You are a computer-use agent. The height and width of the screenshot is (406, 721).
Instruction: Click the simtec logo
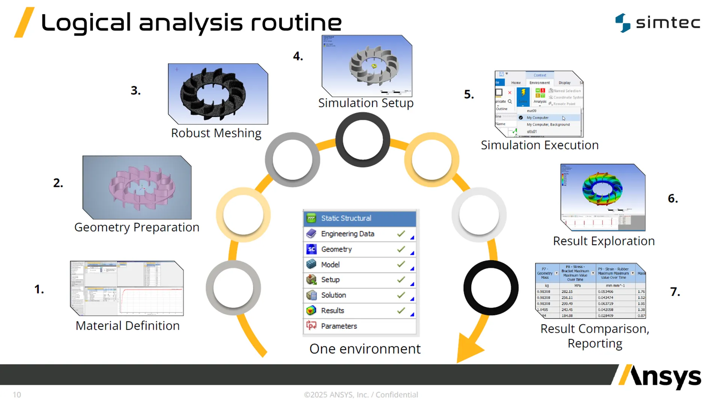658,23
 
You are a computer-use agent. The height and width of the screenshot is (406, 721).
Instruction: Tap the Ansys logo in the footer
660,377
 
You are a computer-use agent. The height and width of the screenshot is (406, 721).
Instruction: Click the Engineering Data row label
347,234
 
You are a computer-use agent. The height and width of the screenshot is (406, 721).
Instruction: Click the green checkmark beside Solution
401,295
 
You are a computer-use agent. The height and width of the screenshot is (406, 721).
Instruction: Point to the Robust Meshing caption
216,133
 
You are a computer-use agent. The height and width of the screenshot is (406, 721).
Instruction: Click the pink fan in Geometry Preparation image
142,187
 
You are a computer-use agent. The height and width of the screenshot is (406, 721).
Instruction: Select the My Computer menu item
537,118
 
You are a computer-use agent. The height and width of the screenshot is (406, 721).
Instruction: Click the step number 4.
298,56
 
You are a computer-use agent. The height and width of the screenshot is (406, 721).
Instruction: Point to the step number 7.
675,292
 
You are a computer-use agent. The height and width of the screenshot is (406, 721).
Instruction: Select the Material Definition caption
128,326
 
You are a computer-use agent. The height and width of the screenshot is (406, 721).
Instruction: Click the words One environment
365,349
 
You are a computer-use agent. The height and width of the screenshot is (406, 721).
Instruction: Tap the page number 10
17,395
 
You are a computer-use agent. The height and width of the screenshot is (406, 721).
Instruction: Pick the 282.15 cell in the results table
567,292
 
